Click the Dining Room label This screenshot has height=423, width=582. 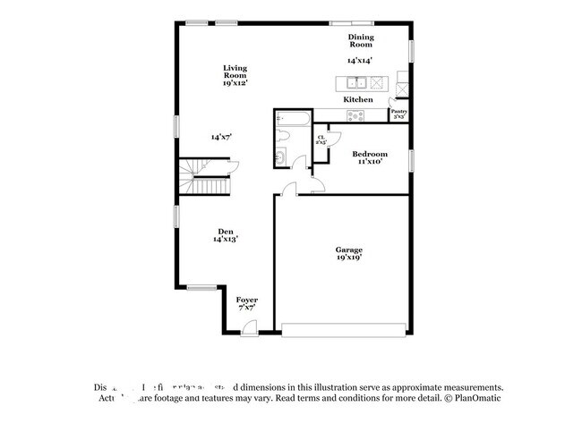tap(360, 40)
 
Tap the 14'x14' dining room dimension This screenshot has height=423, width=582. tap(360, 60)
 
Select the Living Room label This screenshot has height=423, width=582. tap(235, 75)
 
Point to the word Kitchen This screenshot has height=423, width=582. tap(358, 99)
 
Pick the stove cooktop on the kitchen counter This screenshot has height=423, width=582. tap(356, 114)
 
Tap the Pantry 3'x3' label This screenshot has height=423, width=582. tap(399, 114)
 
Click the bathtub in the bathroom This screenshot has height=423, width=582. tap(293, 118)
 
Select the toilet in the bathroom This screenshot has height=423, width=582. tap(285, 137)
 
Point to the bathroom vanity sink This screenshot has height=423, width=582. tap(281, 158)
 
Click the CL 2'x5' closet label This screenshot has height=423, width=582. tap(321, 140)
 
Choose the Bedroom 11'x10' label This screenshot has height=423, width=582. tap(369, 157)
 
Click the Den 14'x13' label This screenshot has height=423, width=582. tap(225, 235)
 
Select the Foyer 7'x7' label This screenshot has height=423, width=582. tap(246, 303)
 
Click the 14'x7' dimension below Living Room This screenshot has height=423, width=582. tap(221, 137)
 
